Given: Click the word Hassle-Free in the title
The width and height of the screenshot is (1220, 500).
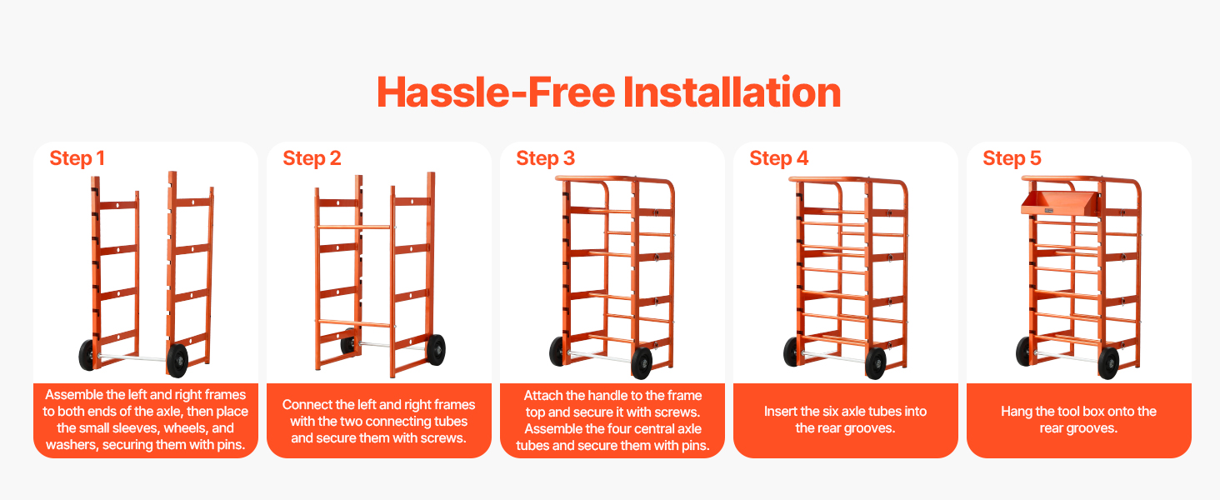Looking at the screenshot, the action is pyautogui.click(x=496, y=92).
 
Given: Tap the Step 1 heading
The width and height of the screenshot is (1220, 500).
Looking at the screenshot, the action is pyautogui.click(x=77, y=158).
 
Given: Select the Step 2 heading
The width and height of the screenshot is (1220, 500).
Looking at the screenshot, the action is pyautogui.click(x=312, y=158).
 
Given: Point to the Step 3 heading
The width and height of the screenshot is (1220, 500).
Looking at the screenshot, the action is pyautogui.click(x=545, y=158).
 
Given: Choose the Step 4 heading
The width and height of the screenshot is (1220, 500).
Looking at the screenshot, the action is pyautogui.click(x=779, y=158).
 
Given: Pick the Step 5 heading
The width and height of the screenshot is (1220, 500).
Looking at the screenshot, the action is pyautogui.click(x=1012, y=158).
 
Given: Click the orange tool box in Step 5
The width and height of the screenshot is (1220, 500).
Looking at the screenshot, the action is pyautogui.click(x=1059, y=203).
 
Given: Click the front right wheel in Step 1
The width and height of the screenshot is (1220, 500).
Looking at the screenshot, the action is pyautogui.click(x=177, y=360).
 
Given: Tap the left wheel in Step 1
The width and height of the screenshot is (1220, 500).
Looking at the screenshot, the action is pyautogui.click(x=87, y=354).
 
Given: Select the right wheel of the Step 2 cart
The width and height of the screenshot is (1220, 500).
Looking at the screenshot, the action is pyautogui.click(x=437, y=350).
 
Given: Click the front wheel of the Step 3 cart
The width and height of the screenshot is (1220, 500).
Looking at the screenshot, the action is pyautogui.click(x=642, y=362).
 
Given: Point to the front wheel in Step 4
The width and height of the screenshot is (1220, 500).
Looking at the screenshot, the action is pyautogui.click(x=875, y=362).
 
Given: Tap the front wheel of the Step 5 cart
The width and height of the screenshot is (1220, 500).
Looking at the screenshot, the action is pyautogui.click(x=1108, y=362).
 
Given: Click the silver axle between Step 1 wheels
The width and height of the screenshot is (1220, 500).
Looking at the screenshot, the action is pyautogui.click(x=132, y=357).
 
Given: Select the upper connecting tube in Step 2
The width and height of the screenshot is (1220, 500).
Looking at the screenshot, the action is pyautogui.click(x=354, y=227).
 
